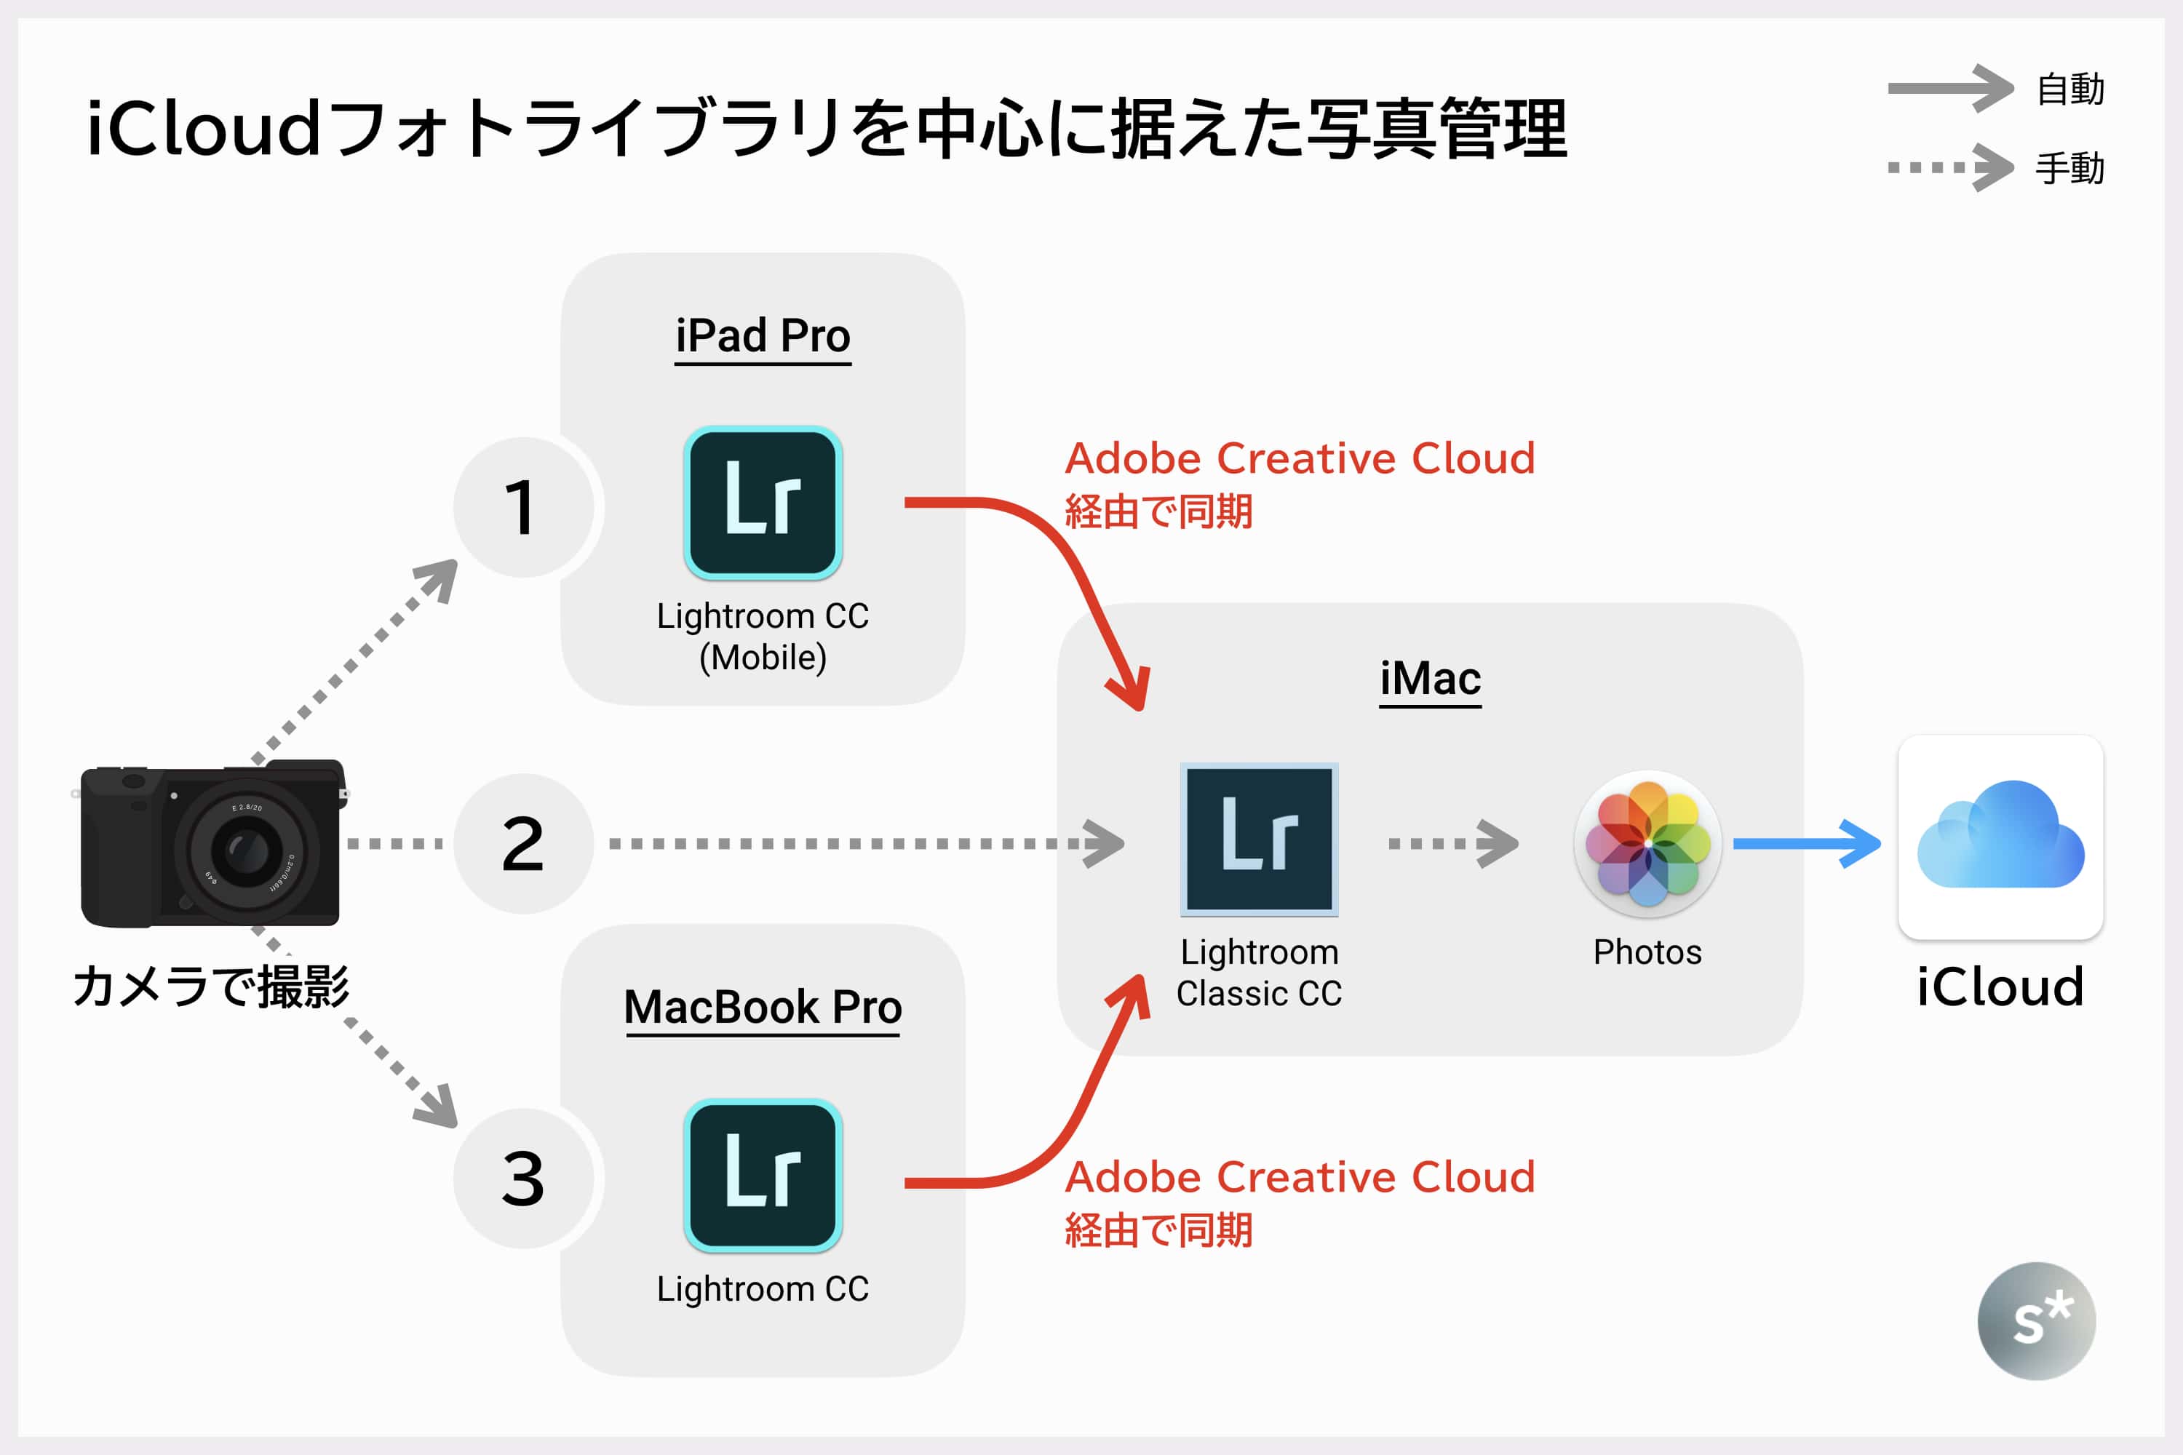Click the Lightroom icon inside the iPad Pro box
point(763,503)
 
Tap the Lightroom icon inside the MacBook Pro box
point(763,1176)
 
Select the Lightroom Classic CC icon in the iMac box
point(1260,840)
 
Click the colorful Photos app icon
point(1647,843)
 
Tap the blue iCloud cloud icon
point(2000,837)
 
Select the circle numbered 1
point(522,508)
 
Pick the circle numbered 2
point(522,843)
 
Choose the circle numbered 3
point(522,1179)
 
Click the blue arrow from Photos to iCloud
point(1806,843)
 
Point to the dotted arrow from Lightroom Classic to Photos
point(1453,843)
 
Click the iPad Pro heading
point(763,336)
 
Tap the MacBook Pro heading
point(763,1007)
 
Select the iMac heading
point(1431,678)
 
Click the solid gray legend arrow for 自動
point(1950,88)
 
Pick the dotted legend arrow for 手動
point(1950,168)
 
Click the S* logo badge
point(2036,1320)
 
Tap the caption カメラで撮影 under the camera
point(212,986)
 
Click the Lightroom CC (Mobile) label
point(763,637)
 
